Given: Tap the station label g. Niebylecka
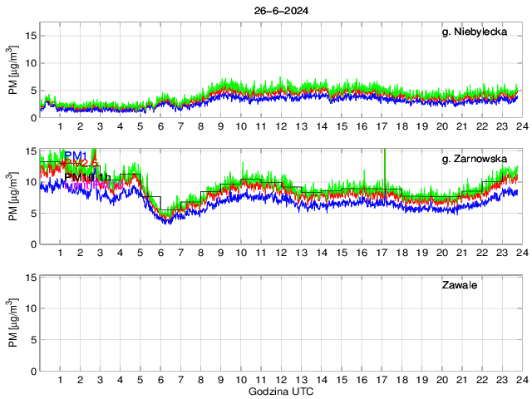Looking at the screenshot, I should (x=475, y=32).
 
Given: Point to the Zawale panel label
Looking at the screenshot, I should (x=458, y=285).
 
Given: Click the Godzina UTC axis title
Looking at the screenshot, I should (x=280, y=391).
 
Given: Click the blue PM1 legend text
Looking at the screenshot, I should (x=75, y=155).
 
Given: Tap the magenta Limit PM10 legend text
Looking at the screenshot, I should (x=83, y=185).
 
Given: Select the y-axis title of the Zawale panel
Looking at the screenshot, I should (x=13, y=323).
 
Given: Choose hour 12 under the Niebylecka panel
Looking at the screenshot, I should (x=281, y=126).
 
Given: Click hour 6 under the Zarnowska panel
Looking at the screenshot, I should (x=160, y=253).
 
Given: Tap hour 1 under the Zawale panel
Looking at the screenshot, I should (x=60, y=380).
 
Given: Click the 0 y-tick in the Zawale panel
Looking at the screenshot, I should (x=32, y=371).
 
